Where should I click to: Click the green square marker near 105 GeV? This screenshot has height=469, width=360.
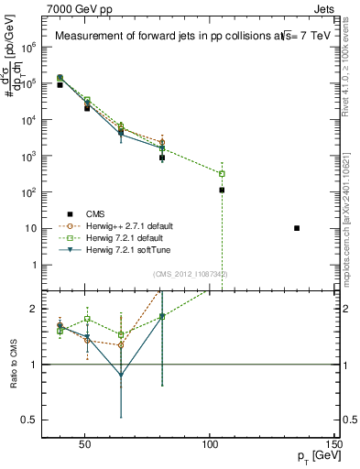click(x=222, y=173)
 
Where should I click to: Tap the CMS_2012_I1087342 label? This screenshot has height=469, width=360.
click(x=191, y=274)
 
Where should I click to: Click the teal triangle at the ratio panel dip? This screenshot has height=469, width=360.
click(x=121, y=375)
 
